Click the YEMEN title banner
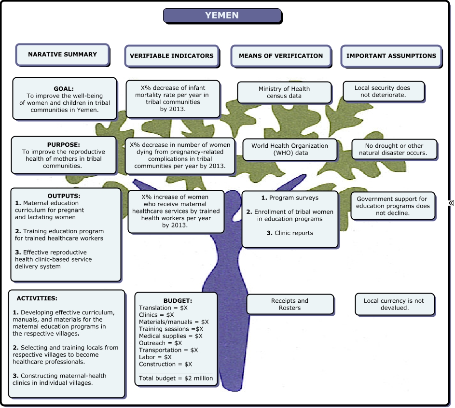point(222,15)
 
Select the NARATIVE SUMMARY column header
point(62,55)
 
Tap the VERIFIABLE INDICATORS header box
point(171,56)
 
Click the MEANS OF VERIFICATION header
point(281,56)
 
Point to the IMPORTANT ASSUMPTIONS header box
point(391,56)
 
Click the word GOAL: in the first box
point(64,89)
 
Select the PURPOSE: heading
point(64,144)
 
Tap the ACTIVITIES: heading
point(37,298)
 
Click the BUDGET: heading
point(178,300)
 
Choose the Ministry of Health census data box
point(284,92)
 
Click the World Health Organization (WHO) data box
point(290,149)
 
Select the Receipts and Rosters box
point(290,304)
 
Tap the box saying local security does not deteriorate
point(383,91)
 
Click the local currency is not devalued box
point(394,304)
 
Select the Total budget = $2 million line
point(176,378)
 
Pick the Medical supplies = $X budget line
point(171,336)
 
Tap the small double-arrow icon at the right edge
point(451,203)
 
